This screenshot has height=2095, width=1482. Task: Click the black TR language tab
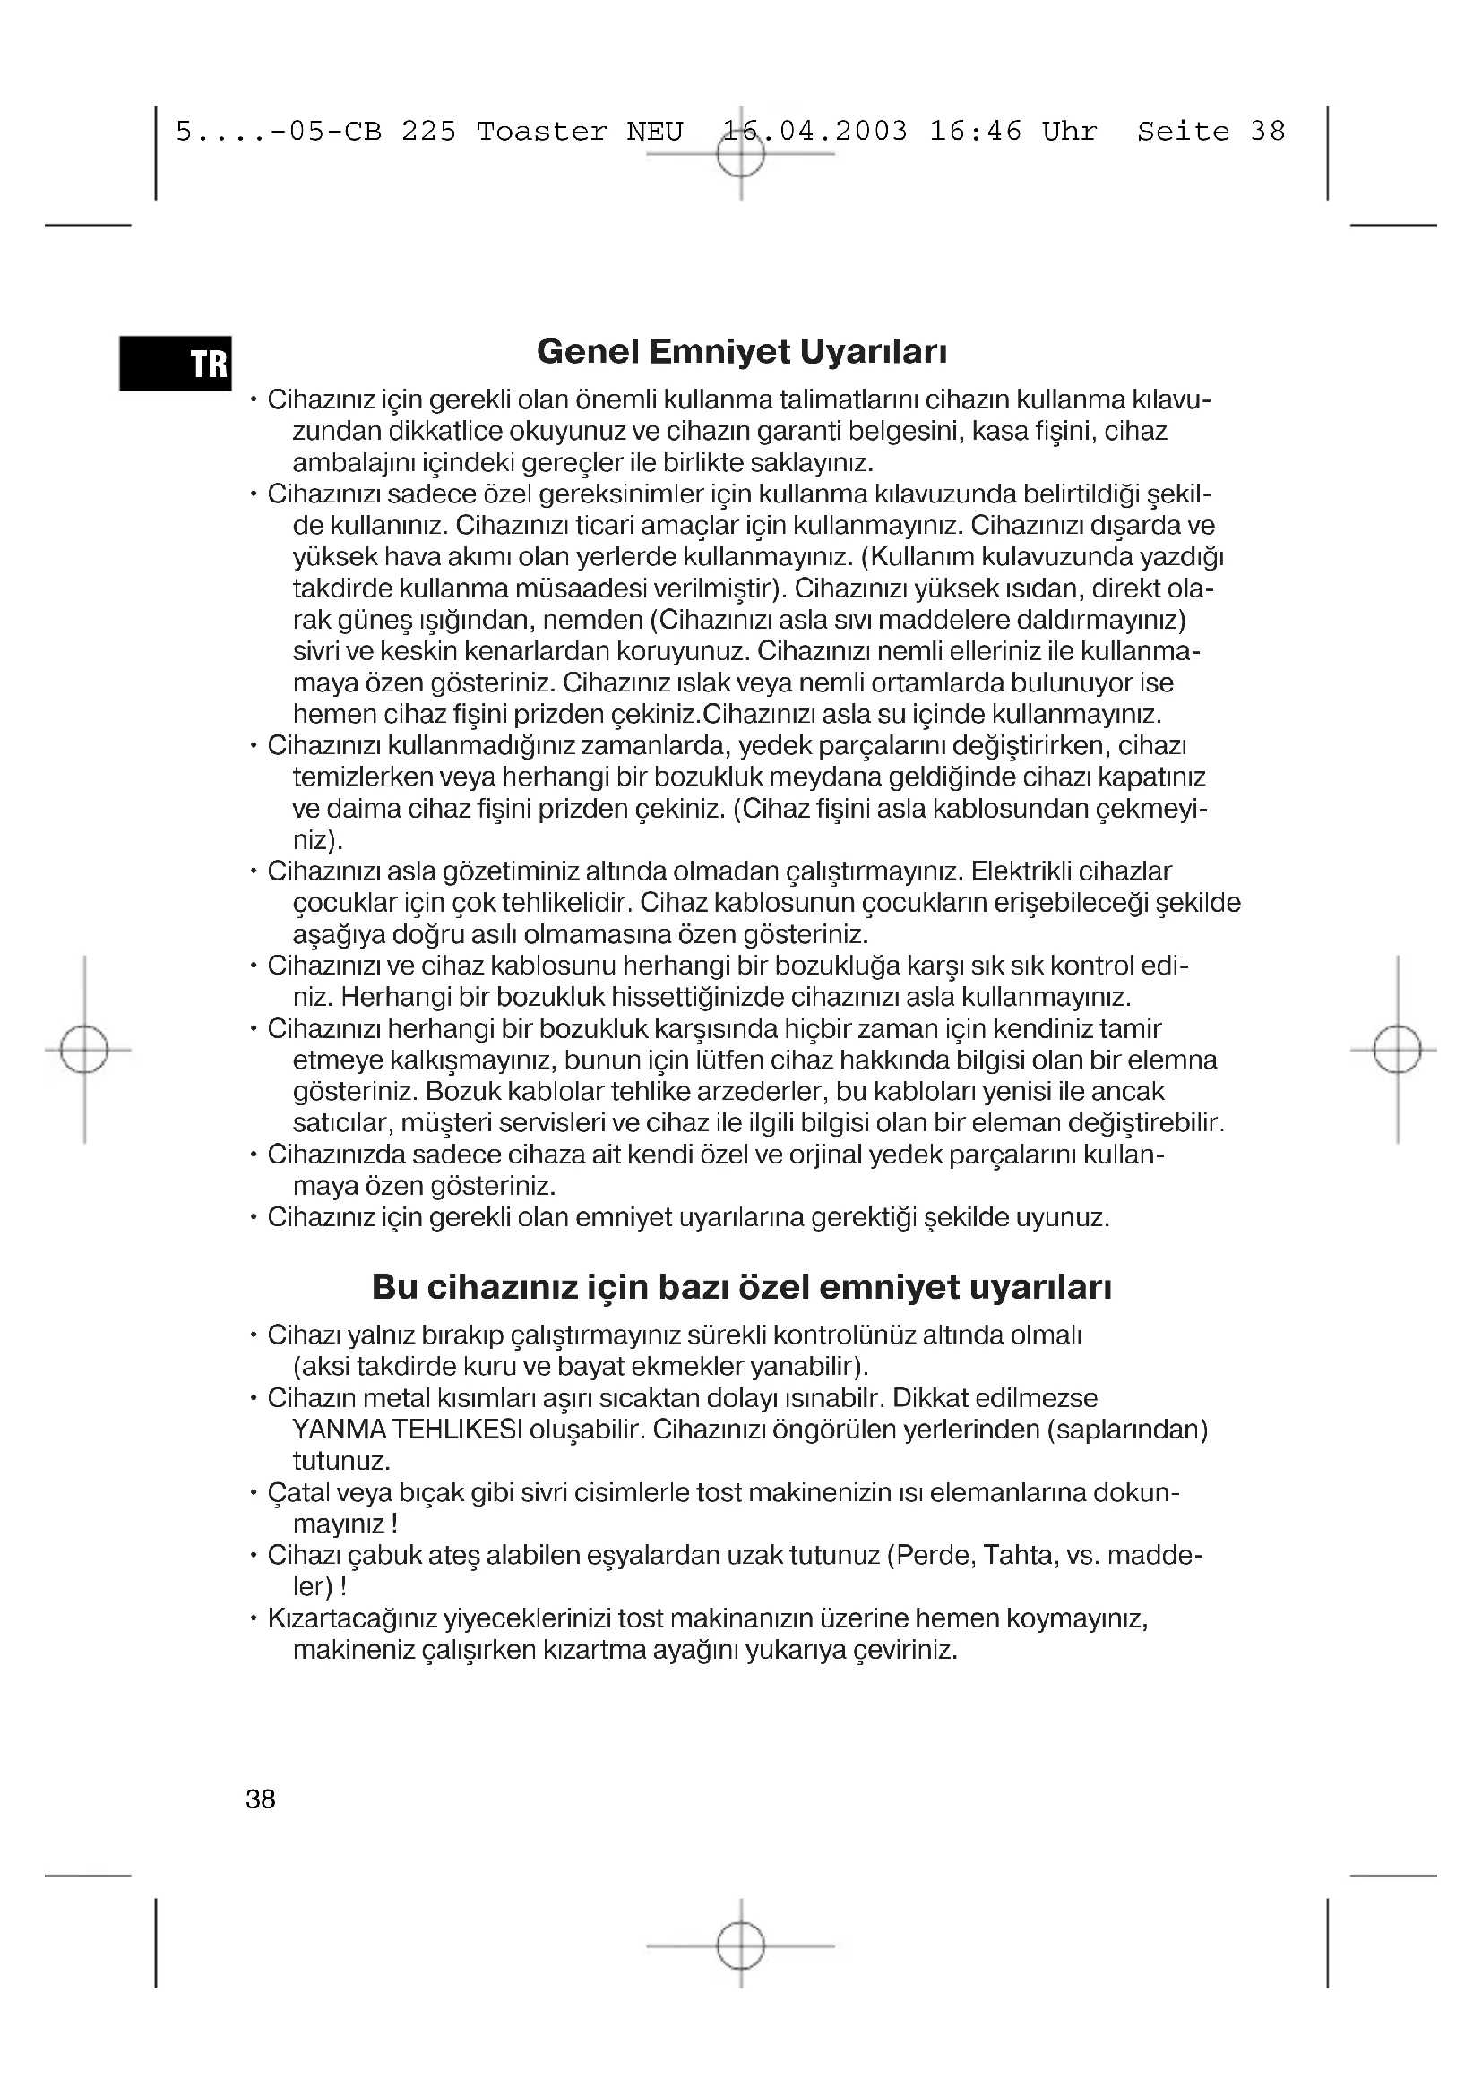click(176, 363)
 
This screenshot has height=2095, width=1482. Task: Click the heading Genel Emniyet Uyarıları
click(741, 351)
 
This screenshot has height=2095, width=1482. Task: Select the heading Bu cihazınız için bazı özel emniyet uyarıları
click(741, 1286)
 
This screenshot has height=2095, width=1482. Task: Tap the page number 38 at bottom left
click(260, 1799)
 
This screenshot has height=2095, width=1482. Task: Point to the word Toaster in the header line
click(541, 133)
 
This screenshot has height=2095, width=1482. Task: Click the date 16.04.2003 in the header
click(814, 133)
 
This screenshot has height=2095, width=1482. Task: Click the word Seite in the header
click(1183, 133)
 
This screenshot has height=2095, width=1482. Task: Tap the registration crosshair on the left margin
click(84, 1050)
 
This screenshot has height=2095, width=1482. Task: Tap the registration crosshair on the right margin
click(1396, 1050)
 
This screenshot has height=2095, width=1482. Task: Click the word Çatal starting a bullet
click(298, 1493)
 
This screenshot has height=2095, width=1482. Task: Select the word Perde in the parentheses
click(934, 1556)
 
